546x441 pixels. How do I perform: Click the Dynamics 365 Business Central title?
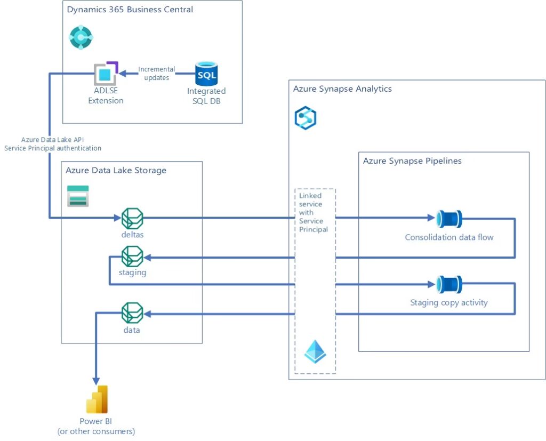point(130,10)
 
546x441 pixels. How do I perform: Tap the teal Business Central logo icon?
point(81,37)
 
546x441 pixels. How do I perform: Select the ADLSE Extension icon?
point(106,74)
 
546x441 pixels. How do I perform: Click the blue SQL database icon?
point(206,74)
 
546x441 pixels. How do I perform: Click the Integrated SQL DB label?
point(206,96)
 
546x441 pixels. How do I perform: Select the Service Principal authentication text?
point(53,148)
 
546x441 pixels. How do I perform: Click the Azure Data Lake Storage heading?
point(116,171)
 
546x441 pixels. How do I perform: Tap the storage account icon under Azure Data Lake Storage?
point(78,196)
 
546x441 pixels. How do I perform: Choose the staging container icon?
point(132,256)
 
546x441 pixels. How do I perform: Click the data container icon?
point(132,313)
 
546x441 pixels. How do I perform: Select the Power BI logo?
point(97,399)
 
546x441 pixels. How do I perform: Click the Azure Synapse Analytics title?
point(342,89)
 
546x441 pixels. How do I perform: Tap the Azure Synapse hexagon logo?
point(306,118)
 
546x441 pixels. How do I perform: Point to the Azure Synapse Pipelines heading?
point(412,161)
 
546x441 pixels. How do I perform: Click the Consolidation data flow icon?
point(449,219)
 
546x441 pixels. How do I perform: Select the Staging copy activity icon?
point(449,285)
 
